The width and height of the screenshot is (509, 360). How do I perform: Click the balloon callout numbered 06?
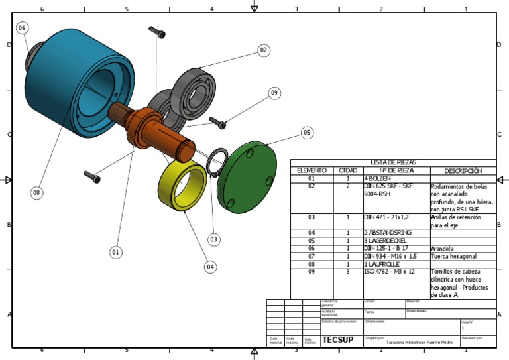pos(22,28)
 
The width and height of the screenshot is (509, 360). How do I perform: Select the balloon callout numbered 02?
pos(263,50)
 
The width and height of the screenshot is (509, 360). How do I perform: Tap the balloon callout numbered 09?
pos(274,93)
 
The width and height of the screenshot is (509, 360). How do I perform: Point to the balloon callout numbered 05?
pos(306,133)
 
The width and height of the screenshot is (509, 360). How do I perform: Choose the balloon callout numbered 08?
pos(36,192)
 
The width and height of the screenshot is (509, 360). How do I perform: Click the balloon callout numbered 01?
pos(116,252)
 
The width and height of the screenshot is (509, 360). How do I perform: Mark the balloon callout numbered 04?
pos(210,267)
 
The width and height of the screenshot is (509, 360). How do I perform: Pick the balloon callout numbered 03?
pos(213,239)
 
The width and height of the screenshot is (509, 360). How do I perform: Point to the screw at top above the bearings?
pos(157,32)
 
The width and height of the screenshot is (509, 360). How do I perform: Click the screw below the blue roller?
pos(92,176)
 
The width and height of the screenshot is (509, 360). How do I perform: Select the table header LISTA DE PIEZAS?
pos(393,162)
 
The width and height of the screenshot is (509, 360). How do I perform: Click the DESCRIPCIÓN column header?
pos(463,170)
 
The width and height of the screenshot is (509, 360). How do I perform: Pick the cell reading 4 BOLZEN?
pos(378,179)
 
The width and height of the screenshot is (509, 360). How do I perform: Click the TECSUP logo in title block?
pos(337,340)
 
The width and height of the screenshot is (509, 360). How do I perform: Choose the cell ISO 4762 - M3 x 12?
pos(390,272)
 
